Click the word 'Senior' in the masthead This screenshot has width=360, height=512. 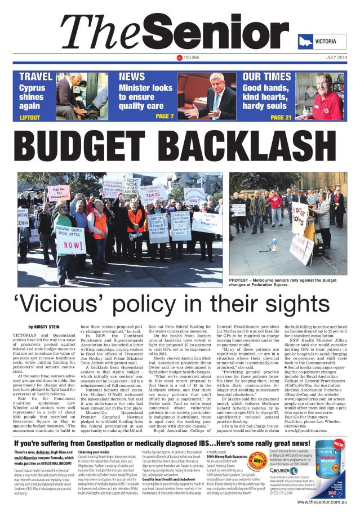[222, 32]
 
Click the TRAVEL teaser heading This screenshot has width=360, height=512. [36, 77]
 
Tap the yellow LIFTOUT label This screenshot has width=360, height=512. [30, 117]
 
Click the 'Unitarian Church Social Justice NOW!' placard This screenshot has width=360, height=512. [70, 238]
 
